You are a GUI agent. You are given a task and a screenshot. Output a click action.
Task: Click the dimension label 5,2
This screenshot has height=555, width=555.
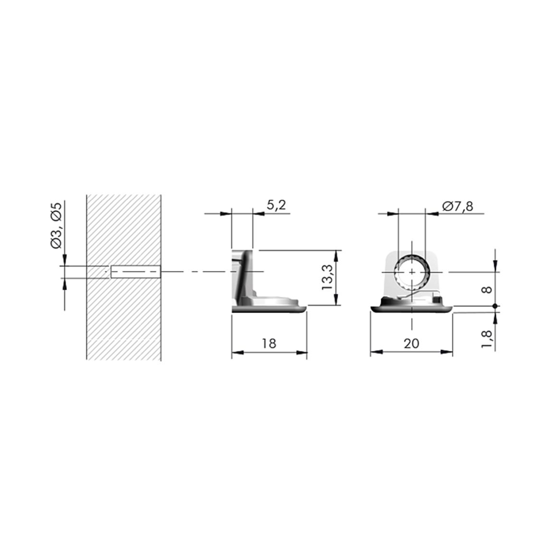(x=276, y=205)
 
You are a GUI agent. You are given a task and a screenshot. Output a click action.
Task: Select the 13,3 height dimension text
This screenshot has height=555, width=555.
(x=327, y=278)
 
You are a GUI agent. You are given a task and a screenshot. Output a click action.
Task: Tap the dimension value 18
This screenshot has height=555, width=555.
(x=269, y=343)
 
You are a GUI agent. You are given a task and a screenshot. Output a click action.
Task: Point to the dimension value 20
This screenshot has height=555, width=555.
(x=411, y=343)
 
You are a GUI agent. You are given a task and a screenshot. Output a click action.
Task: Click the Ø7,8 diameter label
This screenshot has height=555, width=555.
(x=458, y=206)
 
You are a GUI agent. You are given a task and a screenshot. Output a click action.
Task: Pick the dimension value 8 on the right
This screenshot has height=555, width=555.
(x=487, y=290)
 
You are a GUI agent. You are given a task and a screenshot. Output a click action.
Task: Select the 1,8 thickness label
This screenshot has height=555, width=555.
(x=487, y=339)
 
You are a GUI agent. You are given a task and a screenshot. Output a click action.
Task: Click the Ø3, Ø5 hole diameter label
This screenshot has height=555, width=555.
(x=57, y=225)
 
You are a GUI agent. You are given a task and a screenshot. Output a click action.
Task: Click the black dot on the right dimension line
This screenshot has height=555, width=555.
(x=495, y=306)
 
